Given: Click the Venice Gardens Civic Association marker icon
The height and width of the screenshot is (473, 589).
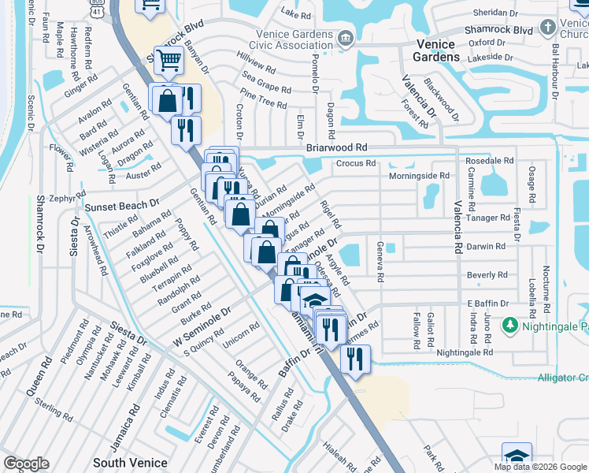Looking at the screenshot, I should click(345, 39).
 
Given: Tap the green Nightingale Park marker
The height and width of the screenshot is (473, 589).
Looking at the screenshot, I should click(510, 325).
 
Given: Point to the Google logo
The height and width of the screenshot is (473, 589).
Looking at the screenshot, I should click(26, 464).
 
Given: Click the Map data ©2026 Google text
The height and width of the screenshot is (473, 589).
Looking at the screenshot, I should click(540, 467).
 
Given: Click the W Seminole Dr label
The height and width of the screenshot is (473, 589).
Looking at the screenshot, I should click(202, 324).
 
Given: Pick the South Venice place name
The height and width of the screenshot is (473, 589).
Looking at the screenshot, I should click(126, 463).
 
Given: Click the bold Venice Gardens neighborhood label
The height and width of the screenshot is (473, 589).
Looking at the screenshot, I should click(435, 50).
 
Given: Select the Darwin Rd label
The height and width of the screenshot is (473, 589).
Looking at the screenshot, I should click(486, 246).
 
